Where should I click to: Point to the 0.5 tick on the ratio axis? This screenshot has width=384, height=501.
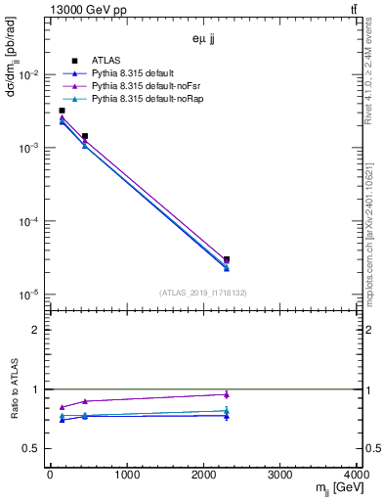tap(31, 448)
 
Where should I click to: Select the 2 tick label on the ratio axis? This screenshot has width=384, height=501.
tap(36, 330)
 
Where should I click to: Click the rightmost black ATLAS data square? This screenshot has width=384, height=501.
tap(227, 259)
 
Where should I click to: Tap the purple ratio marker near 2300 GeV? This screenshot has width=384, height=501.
tap(227, 394)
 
